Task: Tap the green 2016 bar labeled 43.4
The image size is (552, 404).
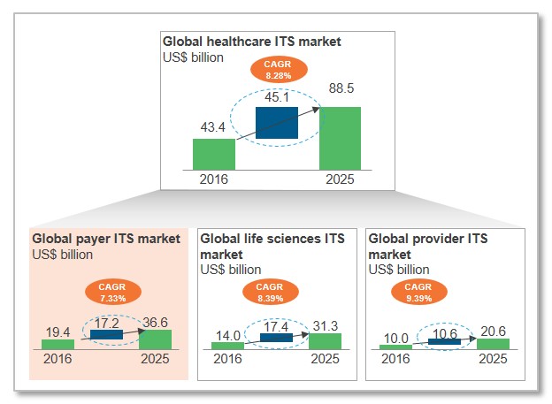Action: pyautogui.click(x=214, y=152)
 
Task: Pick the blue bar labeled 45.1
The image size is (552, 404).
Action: pyautogui.click(x=276, y=123)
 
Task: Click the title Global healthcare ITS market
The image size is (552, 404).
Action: pyautogui.click(x=251, y=42)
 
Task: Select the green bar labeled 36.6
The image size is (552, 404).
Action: pyautogui.click(x=155, y=339)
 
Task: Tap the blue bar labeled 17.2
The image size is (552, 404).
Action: pyautogui.click(x=107, y=335)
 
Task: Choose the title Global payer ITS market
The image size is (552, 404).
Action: pyautogui.click(x=106, y=239)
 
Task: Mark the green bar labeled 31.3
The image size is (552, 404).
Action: pyautogui.click(x=324, y=341)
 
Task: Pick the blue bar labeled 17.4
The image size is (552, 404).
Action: pyautogui.click(x=275, y=337)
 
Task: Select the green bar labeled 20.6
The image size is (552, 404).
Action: pyautogui.click(x=493, y=343)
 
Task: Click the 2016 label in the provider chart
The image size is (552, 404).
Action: pyautogui.click(x=395, y=359)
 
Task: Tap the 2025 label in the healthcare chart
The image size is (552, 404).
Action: pyautogui.click(x=340, y=179)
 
